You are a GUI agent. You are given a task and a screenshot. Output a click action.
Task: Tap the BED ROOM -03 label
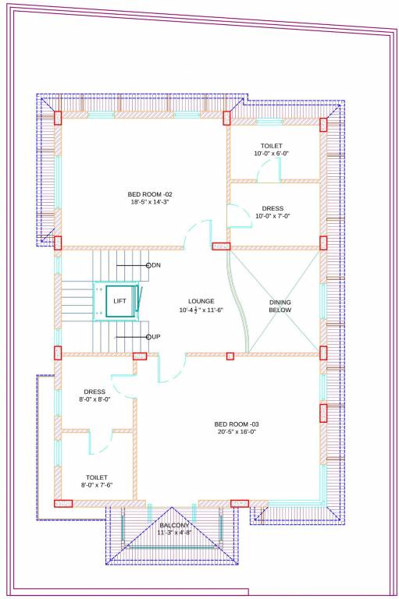click(242, 424)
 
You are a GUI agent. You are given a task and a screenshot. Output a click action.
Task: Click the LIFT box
click(119, 300)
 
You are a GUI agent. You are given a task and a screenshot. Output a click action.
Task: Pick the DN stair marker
click(155, 266)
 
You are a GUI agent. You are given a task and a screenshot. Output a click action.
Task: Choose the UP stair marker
click(155, 336)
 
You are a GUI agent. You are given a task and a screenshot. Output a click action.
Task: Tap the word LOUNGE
click(201, 301)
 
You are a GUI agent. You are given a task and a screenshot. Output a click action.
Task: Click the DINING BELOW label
click(280, 305)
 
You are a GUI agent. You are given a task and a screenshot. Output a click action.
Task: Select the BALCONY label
click(174, 525)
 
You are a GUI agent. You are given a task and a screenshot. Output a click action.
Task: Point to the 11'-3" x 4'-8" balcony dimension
click(174, 533)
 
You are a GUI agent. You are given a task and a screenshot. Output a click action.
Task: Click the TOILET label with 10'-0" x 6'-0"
click(272, 146)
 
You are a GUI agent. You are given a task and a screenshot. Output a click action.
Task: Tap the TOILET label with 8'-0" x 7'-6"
click(97, 477)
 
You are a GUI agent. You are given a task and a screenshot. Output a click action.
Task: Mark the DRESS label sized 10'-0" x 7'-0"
click(273, 208)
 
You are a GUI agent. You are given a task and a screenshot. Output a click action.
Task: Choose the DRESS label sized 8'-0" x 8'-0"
click(94, 392)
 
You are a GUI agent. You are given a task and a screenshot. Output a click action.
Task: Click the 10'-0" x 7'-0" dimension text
click(273, 216)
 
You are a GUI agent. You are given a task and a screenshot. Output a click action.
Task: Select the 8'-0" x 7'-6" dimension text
click(97, 485)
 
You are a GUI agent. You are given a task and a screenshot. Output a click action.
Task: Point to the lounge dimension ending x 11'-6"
click(201, 310)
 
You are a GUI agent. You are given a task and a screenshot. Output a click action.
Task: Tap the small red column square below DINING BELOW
click(230, 356)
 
